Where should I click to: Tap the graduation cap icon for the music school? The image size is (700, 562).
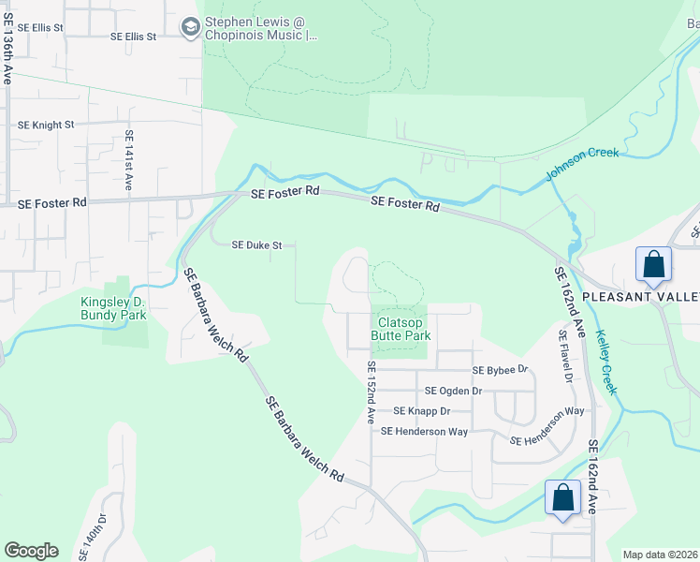192,29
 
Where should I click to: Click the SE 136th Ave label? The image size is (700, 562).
7,48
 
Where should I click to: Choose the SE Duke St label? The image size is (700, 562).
257,245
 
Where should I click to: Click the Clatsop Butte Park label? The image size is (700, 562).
401,329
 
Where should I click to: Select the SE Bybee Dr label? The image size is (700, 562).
501,371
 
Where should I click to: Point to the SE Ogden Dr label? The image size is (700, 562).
453,391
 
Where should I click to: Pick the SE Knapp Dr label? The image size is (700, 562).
421,411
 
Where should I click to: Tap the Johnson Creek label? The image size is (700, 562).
582,165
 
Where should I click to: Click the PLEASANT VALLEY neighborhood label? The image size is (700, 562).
641,297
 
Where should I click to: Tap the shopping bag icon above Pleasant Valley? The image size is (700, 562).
653,264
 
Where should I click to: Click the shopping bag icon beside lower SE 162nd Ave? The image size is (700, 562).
562,497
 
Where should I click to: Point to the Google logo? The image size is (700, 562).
31,551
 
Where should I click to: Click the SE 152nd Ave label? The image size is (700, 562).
371,392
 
